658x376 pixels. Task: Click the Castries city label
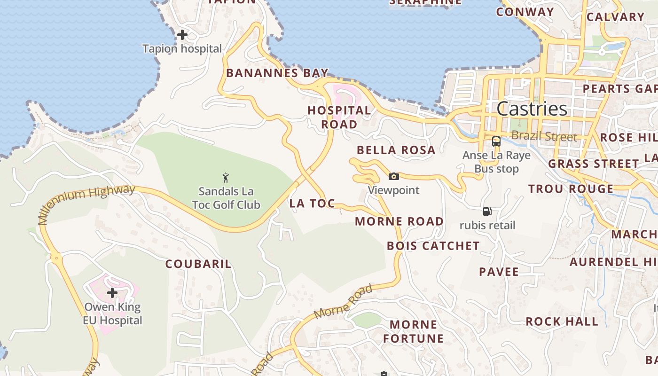pos(532,109)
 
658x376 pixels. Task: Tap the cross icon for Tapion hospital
pos(182,35)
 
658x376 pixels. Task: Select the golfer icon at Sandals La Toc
pos(226,178)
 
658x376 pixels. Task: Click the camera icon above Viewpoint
pos(394,177)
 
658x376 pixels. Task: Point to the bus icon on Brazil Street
pos(496,141)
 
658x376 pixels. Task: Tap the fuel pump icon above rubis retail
pos(487,211)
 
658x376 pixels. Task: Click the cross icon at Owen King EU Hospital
pos(112,293)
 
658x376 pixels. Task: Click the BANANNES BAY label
pos(277,73)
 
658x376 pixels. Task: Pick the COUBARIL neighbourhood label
pos(198,264)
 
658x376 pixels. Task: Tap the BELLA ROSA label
pos(396,150)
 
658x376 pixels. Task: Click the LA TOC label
pos(312,204)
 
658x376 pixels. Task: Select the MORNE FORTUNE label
pos(413,331)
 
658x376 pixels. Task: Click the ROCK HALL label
pos(562,322)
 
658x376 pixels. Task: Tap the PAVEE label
pos(499,272)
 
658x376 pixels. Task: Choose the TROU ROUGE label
pos(571,189)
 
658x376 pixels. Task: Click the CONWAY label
pos(525,12)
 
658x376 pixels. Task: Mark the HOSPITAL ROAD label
pos(339,117)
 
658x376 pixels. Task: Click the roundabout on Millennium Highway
pos(56,258)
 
